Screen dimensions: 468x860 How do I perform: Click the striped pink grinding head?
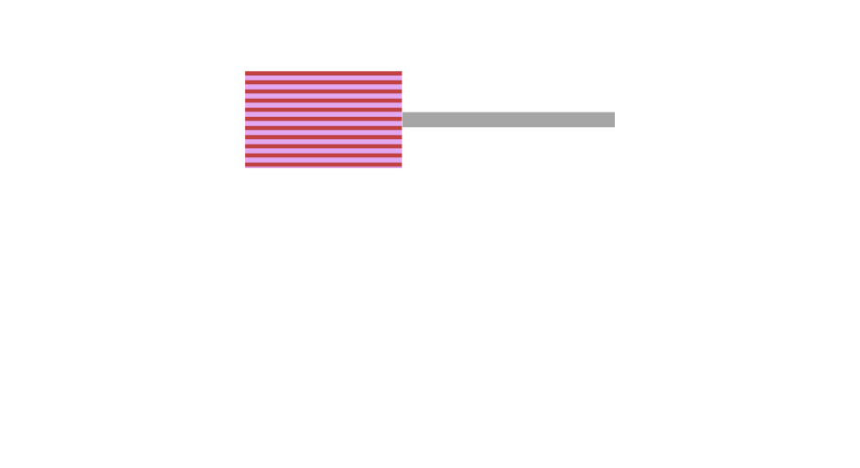pyautogui.click(x=323, y=120)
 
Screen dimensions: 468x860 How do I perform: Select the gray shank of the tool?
pyautogui.click(x=508, y=120)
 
